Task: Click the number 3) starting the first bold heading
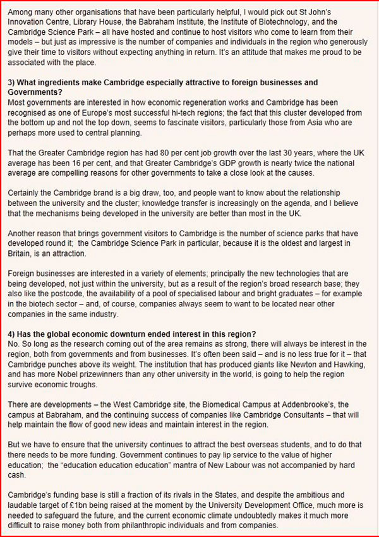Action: pos(12,83)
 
